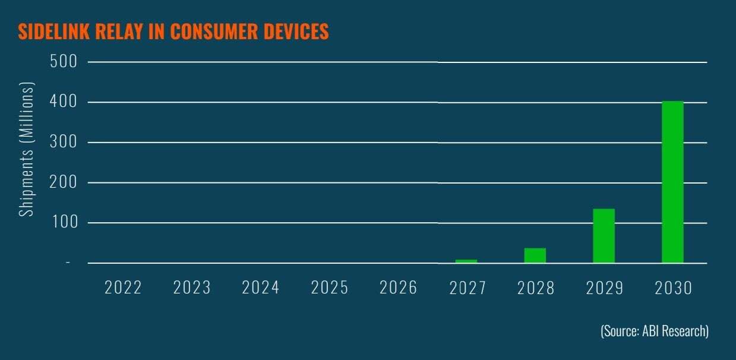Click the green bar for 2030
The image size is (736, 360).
click(672, 182)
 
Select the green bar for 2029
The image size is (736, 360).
click(604, 235)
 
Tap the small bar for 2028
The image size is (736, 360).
click(535, 255)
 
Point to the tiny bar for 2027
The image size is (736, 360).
click(466, 261)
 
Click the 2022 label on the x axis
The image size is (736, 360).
click(123, 288)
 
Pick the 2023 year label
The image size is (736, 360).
click(192, 288)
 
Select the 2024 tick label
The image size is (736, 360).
click(261, 288)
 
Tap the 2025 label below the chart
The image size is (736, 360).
click(330, 288)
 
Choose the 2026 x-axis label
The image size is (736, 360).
click(399, 288)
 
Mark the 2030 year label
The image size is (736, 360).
click(674, 288)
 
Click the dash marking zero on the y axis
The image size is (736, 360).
click(68, 263)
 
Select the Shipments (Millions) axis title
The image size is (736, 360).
click(27, 149)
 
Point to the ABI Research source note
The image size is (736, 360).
click(654, 331)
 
